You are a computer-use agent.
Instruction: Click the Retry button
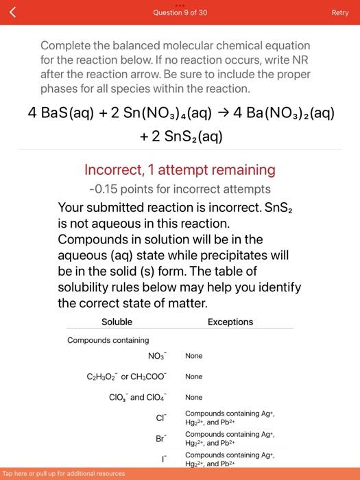[x=340, y=12]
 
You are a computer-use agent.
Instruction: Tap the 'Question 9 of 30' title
[x=180, y=12]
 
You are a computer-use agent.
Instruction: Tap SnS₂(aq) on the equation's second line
[x=188, y=136]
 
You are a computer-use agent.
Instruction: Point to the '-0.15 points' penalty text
[x=120, y=189]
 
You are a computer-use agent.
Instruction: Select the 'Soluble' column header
[x=117, y=322]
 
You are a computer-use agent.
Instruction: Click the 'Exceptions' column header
[x=230, y=322]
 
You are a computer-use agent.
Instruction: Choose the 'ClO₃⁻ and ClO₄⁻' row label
[x=137, y=397]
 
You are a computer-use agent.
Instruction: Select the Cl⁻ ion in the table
[x=161, y=418]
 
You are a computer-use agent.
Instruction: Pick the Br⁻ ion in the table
[x=160, y=438]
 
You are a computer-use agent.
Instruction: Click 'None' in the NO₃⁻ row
[x=193, y=356]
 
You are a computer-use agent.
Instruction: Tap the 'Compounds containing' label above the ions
[x=108, y=340]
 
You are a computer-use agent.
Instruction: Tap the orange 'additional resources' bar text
[x=64, y=474]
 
